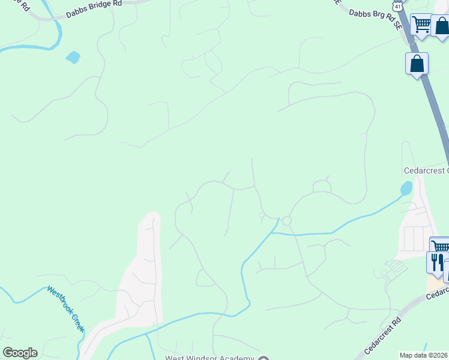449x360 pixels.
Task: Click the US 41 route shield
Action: tap(397, 5)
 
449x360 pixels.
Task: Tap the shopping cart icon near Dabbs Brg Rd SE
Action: tap(421, 25)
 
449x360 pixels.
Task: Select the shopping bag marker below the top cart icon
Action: tap(417, 64)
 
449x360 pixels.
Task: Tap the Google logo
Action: tap(20, 352)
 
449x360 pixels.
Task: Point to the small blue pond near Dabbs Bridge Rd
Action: tap(73, 58)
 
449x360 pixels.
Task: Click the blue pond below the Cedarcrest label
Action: tap(406, 188)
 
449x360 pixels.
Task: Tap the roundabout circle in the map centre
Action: tap(286, 221)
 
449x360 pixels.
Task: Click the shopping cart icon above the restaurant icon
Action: tap(440, 246)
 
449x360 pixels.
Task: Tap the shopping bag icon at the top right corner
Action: tap(442, 26)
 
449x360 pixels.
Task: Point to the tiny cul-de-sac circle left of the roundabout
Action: tap(262, 215)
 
